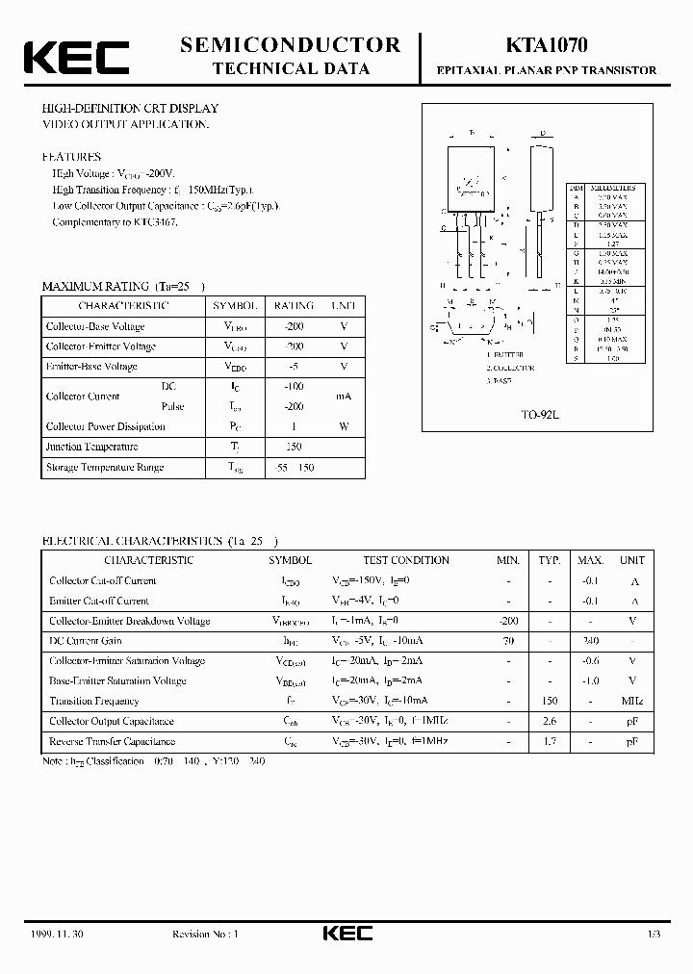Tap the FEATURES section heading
pos(71,156)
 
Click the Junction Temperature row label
pos(91,447)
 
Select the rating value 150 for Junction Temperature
pos(294,447)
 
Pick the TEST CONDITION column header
pos(406,560)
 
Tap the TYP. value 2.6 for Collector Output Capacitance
pos(550,721)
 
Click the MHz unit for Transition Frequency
pos(632,701)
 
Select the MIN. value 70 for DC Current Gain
pos(508,640)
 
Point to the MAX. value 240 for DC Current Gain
pos(590,640)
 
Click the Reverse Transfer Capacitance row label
pos(112,741)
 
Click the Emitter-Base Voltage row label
pos(91,367)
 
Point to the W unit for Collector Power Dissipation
pos(344,426)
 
